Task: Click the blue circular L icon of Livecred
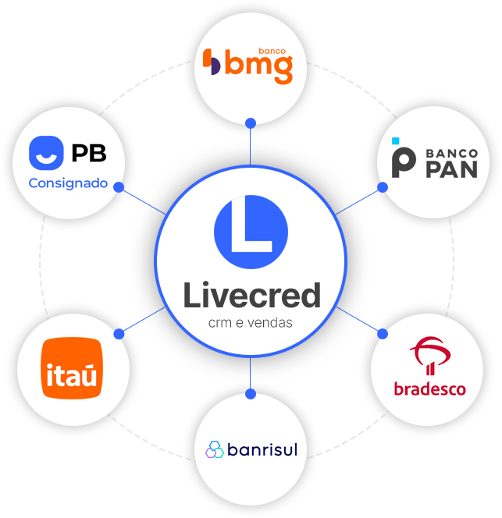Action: click(x=251, y=232)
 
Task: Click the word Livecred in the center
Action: click(x=251, y=296)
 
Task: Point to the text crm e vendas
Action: click(x=251, y=322)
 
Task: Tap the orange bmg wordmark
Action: click(x=258, y=69)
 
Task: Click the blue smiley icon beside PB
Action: click(x=46, y=153)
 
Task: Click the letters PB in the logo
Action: click(x=88, y=153)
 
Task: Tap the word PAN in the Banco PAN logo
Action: click(x=451, y=169)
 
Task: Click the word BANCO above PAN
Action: click(x=451, y=151)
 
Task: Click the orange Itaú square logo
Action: click(x=71, y=367)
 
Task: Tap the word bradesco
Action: click(x=429, y=388)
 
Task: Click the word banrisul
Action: click(x=262, y=449)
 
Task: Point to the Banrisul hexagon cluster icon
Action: click(x=215, y=449)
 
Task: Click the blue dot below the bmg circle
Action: click(x=251, y=122)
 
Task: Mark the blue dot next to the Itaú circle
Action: click(x=119, y=333)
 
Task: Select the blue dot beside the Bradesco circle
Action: click(x=383, y=333)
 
